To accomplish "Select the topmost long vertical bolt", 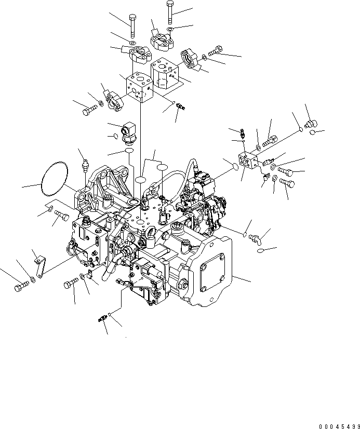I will (170, 12).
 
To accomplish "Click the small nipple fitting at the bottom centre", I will (102, 319).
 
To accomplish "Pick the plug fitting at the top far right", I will (311, 124).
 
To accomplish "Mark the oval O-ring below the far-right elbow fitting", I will (261, 252).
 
